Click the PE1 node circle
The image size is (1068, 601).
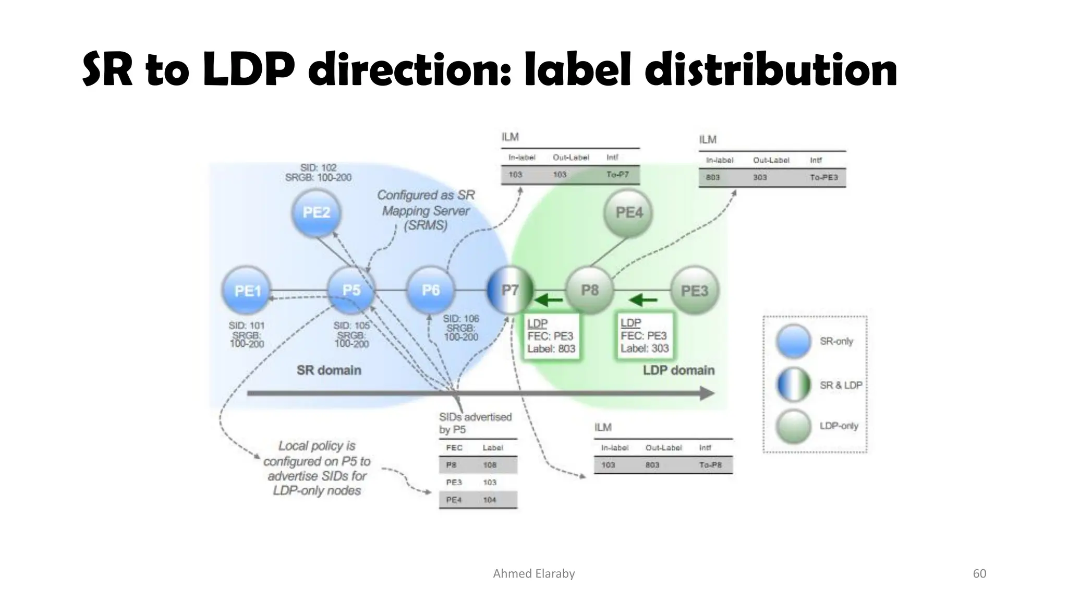[247, 291]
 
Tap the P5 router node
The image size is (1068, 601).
[351, 290]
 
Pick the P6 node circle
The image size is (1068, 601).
[430, 290]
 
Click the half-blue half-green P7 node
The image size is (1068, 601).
[510, 290]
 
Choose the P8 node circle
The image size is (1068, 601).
[590, 290]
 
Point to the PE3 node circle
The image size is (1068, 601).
[694, 291]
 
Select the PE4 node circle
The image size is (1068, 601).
[629, 213]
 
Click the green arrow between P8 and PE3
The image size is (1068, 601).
[643, 300]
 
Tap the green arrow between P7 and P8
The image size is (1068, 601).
[549, 300]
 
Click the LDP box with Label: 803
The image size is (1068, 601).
[551, 336]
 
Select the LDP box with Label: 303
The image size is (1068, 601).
[645, 336]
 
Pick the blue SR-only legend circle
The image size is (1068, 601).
[793, 341]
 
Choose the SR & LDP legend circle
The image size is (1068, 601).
[793, 385]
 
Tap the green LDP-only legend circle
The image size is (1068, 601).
[793, 426]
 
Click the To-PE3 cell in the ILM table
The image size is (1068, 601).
[823, 177]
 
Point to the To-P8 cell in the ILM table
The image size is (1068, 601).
[710, 465]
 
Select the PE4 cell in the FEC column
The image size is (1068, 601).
[454, 500]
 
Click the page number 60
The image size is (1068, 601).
[979, 573]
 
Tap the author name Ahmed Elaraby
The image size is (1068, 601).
[533, 573]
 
